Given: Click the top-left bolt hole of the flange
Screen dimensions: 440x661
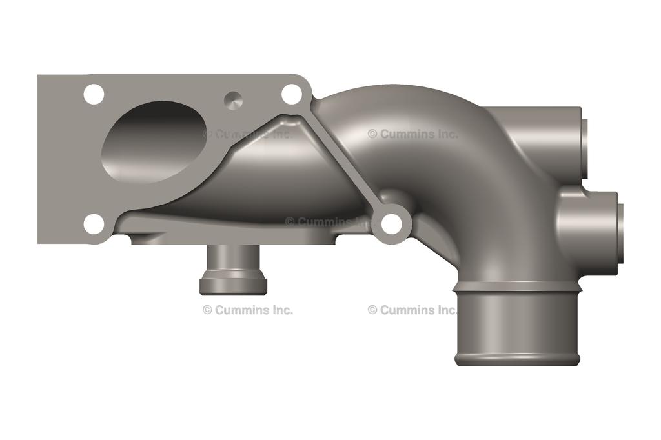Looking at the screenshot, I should (x=94, y=94).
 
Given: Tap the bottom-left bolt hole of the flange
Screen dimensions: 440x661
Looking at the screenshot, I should (x=94, y=224).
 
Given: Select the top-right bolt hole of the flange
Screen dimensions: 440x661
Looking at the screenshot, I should (x=292, y=94).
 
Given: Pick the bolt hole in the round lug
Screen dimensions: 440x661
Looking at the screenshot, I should (x=392, y=224).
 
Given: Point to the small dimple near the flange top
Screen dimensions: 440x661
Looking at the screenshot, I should (x=233, y=99).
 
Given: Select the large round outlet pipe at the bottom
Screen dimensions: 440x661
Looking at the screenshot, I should (x=516, y=326).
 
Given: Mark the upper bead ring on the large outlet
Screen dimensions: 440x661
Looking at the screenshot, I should (x=516, y=285).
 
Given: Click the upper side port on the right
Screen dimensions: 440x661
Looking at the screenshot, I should (x=584, y=148).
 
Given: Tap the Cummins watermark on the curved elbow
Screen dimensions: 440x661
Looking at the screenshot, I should (x=412, y=134).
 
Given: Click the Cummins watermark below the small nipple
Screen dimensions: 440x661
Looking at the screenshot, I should (x=248, y=310).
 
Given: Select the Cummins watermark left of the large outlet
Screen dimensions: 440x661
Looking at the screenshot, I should (x=412, y=310).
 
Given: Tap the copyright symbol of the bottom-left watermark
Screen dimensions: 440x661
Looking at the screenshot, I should (x=207, y=310).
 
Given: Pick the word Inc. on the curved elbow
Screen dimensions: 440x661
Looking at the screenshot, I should (x=445, y=134).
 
